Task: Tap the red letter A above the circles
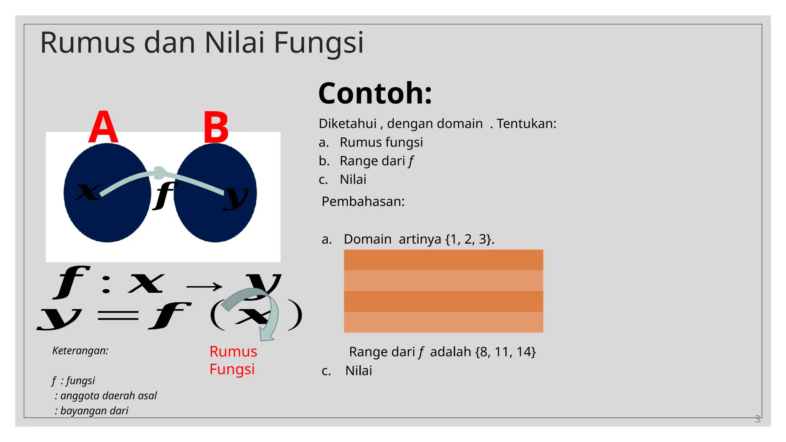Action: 103,127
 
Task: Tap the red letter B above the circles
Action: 216,128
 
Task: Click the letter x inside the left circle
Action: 88,191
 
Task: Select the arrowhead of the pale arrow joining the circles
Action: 160,173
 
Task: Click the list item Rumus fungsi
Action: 381,142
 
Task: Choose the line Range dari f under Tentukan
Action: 376,161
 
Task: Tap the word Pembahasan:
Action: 363,201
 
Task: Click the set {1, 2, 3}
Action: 469,239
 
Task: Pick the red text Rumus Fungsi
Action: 233,360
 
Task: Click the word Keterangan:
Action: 80,351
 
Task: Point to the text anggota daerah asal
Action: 108,396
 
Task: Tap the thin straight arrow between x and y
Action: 204,287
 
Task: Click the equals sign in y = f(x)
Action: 117,316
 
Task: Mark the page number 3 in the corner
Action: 757,419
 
